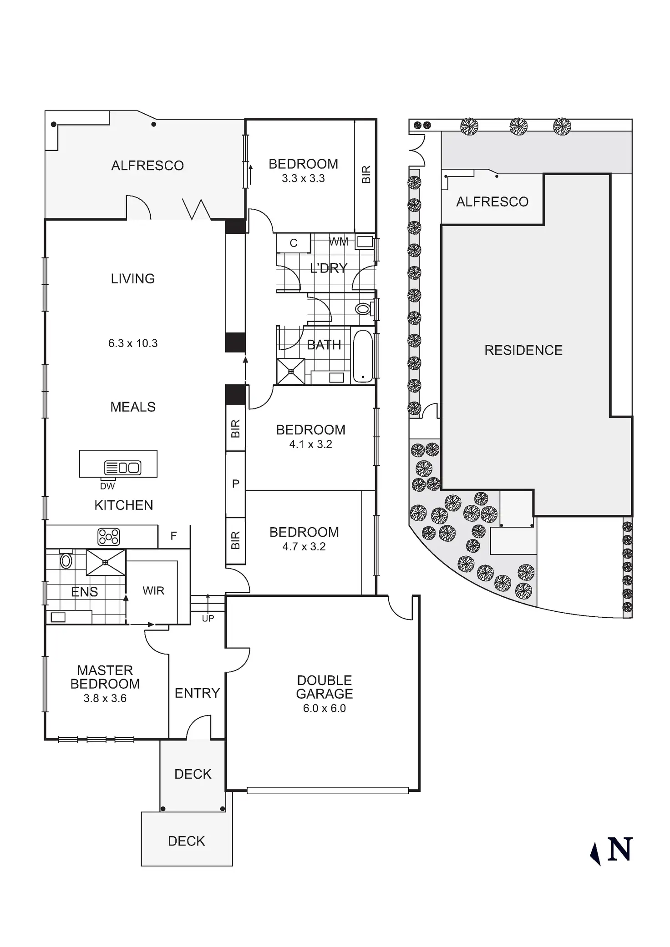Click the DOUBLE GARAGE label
[324, 687]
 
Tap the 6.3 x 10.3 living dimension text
[133, 343]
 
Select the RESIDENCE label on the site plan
[523, 350]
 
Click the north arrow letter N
[620, 849]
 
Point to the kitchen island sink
[123, 467]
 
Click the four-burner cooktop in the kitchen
[109, 537]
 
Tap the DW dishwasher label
[107, 486]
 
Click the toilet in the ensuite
[66, 561]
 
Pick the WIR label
[153, 591]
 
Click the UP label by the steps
[208, 619]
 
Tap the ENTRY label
[197, 693]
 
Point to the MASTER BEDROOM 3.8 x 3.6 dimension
[105, 698]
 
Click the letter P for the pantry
[236, 484]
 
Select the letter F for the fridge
[173, 536]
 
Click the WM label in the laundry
[339, 242]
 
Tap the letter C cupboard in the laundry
[294, 243]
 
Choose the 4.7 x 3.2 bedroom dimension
[304, 547]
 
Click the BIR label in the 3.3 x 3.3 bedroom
[366, 175]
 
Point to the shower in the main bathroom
[291, 371]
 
